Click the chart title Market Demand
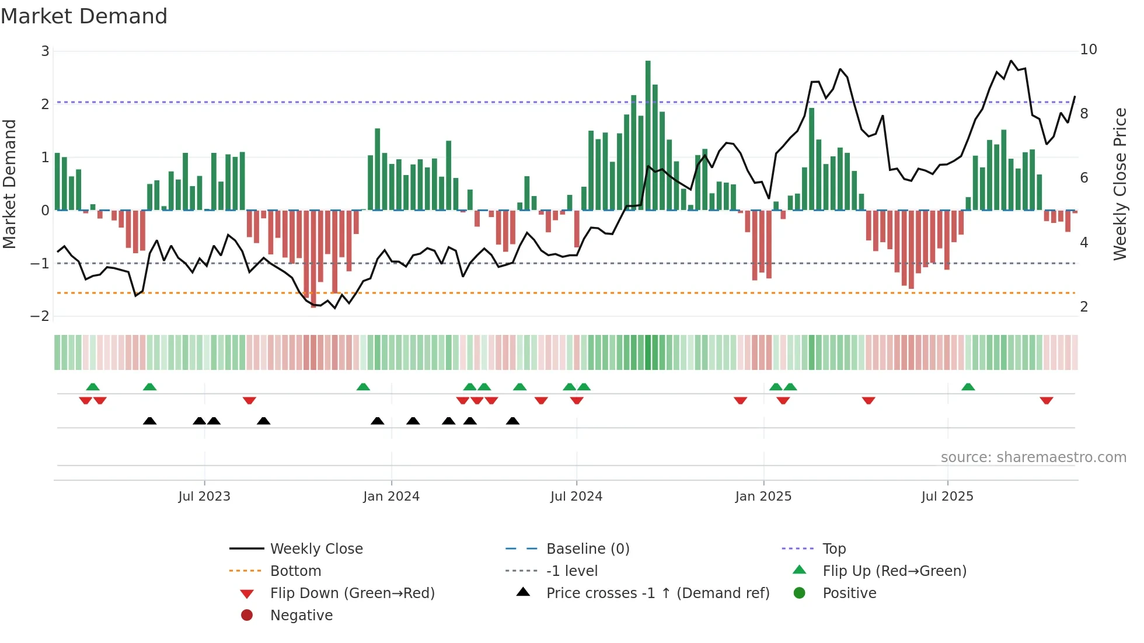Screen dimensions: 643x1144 pyautogui.click(x=84, y=16)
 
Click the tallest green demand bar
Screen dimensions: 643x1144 pyautogui.click(x=648, y=134)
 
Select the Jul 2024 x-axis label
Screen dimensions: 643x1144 pyautogui.click(x=576, y=497)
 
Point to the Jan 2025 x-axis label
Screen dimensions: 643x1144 pyautogui.click(x=763, y=497)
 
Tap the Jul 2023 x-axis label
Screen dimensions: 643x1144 pyautogui.click(x=204, y=497)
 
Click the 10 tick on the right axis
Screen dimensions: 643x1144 pyautogui.click(x=1088, y=50)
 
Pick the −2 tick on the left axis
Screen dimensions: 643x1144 pyautogui.click(x=40, y=316)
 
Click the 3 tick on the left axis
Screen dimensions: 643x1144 pyautogui.click(x=45, y=51)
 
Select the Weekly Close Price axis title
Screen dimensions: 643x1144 pyautogui.click(x=1119, y=184)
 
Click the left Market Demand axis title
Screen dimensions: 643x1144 pyautogui.click(x=9, y=184)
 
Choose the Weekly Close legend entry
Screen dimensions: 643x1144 pyautogui.click(x=316, y=549)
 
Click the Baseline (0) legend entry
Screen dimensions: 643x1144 pyautogui.click(x=587, y=549)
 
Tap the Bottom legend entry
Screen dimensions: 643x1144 pyautogui.click(x=295, y=571)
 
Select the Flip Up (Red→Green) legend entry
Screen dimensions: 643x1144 pyautogui.click(x=894, y=571)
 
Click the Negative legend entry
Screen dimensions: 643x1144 pyautogui.click(x=301, y=616)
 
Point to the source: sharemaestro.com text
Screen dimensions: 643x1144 pyautogui.click(x=1033, y=457)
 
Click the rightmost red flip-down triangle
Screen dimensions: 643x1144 pyautogui.click(x=1046, y=400)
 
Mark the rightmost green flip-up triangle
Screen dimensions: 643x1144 pyautogui.click(x=968, y=387)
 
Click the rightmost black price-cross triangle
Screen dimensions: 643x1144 pyautogui.click(x=512, y=421)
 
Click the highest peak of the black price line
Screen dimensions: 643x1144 pyautogui.click(x=1012, y=61)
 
